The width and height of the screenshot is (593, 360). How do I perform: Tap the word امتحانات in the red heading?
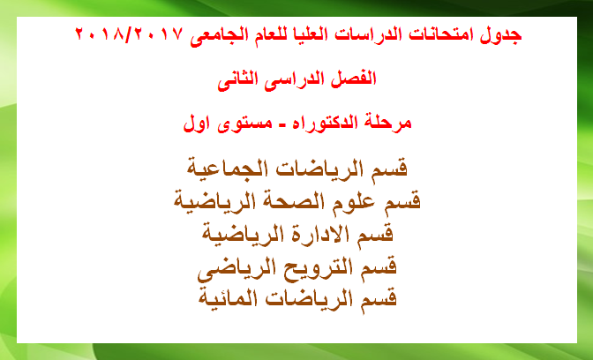pyautogui.click(x=437, y=35)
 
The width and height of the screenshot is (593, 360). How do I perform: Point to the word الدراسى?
pyautogui.click(x=291, y=80)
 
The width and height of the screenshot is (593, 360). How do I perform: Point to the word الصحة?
pyautogui.click(x=307, y=201)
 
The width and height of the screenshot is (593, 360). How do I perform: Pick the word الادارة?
pyautogui.click(x=322, y=233)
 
